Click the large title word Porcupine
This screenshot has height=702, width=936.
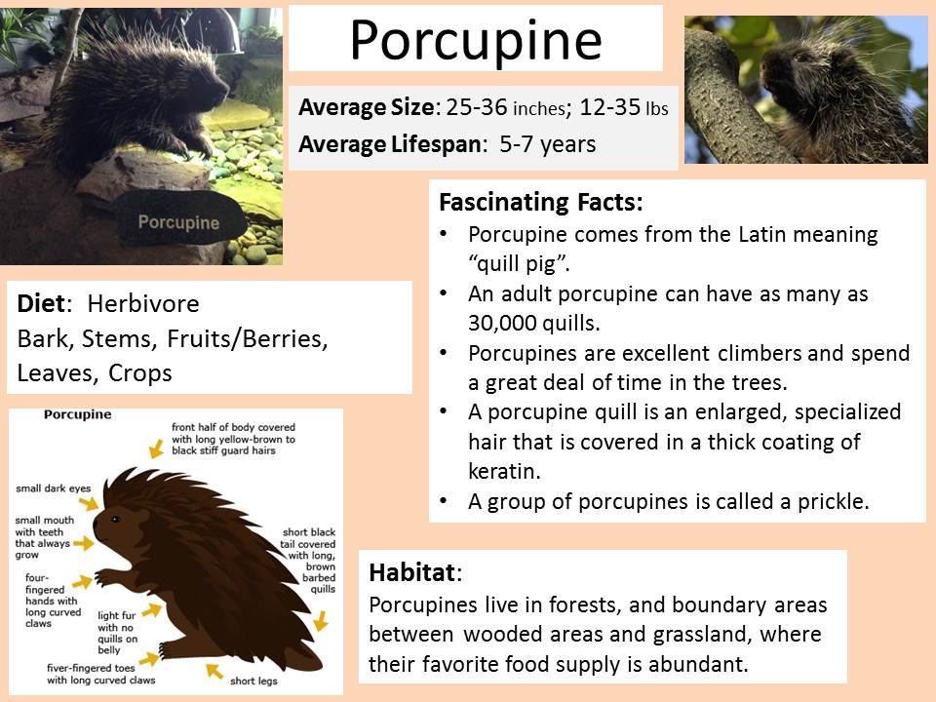[476, 41]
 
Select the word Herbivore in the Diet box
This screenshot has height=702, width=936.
[143, 304]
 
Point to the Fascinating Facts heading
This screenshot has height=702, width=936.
[541, 202]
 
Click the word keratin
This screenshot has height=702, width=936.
[504, 471]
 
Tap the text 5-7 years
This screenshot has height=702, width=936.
[547, 144]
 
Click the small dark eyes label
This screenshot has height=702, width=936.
[53, 488]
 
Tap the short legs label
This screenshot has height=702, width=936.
[253, 681]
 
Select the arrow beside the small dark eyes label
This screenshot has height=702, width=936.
[89, 503]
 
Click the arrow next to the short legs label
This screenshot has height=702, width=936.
[214, 671]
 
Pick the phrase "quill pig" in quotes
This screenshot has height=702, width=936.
[518, 264]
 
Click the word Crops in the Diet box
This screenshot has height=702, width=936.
[140, 373]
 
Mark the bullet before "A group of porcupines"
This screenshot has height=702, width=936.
[443, 501]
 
